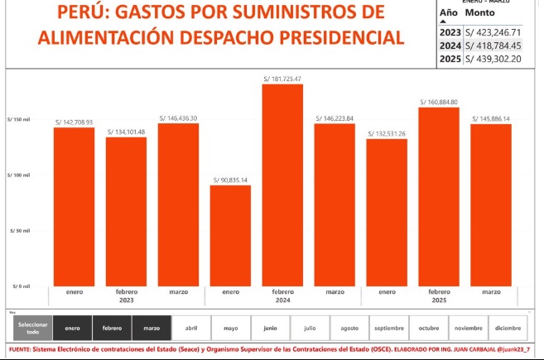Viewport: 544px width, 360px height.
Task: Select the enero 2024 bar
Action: coord(230,235)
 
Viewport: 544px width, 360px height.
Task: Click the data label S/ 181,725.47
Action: coord(282,79)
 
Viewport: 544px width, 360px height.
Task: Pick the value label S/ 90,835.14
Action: coord(230,180)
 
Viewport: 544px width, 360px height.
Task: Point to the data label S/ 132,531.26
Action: coord(387,133)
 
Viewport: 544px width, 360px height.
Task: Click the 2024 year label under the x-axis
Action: coord(282,301)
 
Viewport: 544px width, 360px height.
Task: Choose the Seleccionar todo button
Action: coord(33,329)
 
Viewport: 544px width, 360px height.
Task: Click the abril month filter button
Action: coord(191,329)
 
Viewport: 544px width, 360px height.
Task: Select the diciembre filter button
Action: coord(508,329)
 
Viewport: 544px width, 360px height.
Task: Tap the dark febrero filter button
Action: coord(112,329)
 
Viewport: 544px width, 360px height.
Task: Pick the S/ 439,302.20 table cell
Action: coord(493,59)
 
